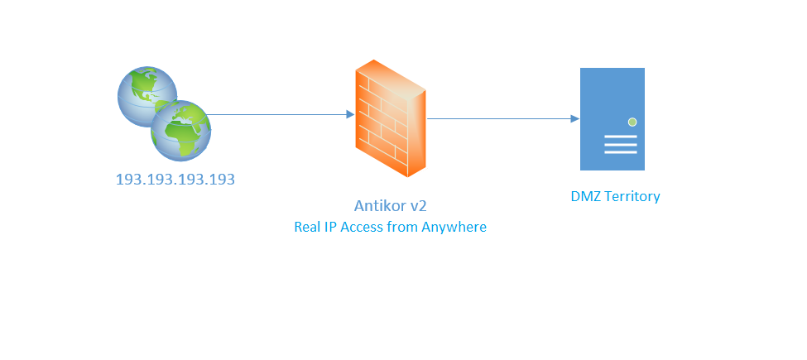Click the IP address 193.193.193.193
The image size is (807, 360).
(175, 180)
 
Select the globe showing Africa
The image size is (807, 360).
(180, 130)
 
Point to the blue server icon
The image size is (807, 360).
(612, 119)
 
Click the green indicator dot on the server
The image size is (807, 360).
(632, 122)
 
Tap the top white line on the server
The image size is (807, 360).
(621, 137)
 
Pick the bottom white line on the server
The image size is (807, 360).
(621, 152)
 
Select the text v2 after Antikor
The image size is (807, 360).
(418, 206)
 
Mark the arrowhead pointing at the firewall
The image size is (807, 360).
(350, 114)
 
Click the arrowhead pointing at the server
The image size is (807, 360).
(575, 119)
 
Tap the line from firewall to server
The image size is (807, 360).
(503, 119)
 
